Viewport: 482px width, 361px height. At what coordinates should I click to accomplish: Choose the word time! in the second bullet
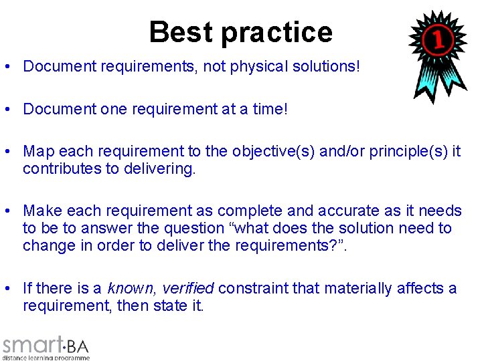[268, 110]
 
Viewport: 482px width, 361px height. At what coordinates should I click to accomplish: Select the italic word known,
[129, 289]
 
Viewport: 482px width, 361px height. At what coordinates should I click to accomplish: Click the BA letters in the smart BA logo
[78, 346]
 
